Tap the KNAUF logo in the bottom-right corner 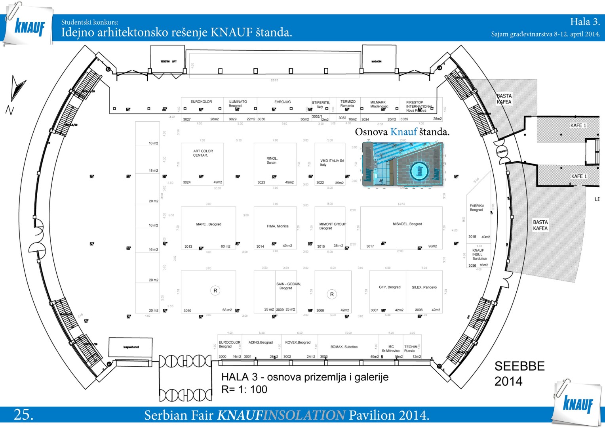578,404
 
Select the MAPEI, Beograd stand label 209,224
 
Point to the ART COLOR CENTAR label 203,153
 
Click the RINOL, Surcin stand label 272,160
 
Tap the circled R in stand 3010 215,290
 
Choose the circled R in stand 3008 332,294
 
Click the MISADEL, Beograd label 407,224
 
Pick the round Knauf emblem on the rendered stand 419,171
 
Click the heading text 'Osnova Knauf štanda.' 402,132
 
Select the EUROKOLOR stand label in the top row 201,102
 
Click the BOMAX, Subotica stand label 344,347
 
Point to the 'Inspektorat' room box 131,348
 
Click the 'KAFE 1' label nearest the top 578,126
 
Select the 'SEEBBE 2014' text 519,373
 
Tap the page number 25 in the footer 23,415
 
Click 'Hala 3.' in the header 585,22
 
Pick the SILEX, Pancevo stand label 424,287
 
